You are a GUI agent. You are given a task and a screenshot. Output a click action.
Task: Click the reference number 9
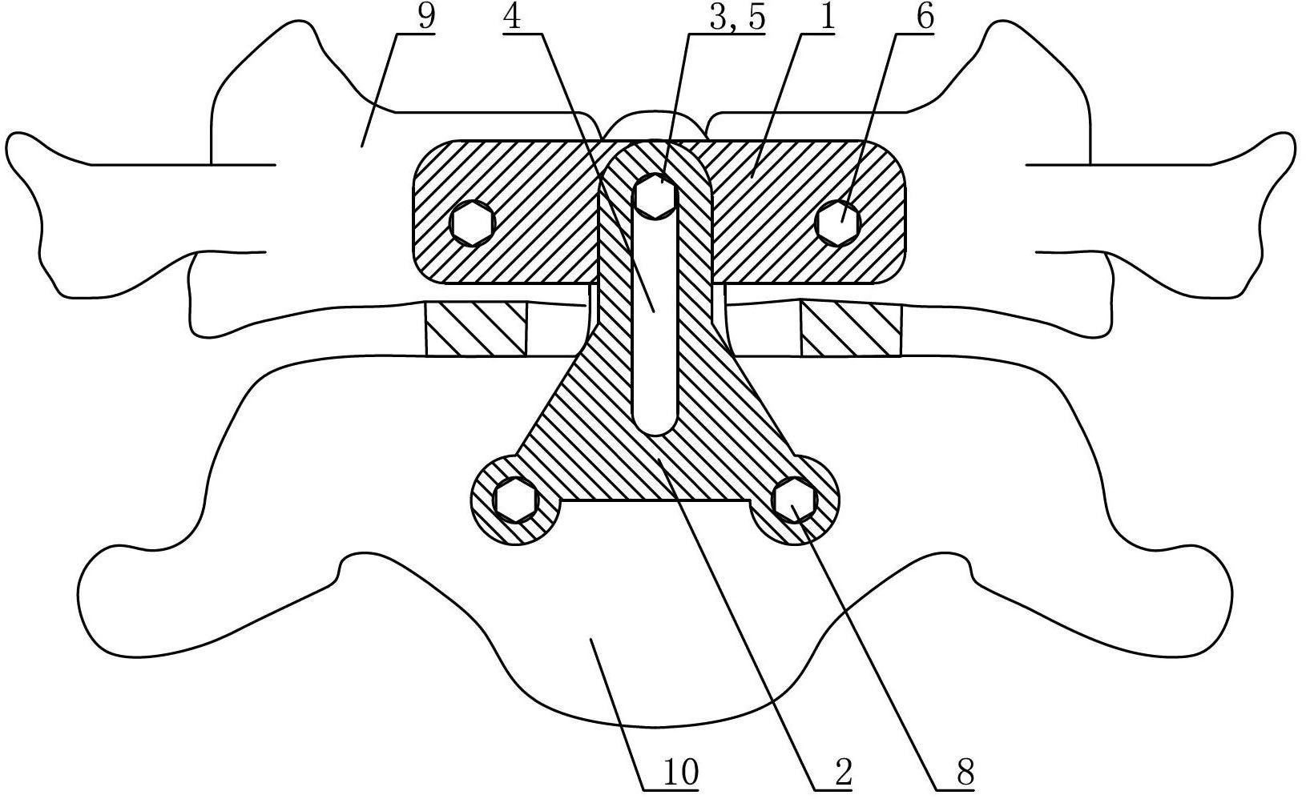(x=426, y=18)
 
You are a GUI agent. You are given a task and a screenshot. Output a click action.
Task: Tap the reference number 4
(x=513, y=18)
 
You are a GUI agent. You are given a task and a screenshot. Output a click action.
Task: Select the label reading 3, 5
(x=736, y=18)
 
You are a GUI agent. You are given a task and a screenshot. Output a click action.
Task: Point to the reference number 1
(x=828, y=18)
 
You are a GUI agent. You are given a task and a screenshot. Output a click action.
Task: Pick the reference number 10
(x=680, y=773)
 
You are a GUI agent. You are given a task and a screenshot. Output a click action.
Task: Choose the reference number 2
(x=844, y=773)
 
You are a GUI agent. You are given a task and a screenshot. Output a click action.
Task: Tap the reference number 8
(x=965, y=773)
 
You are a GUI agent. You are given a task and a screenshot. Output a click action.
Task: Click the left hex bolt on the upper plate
(x=473, y=222)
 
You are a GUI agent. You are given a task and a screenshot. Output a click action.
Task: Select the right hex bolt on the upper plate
(x=838, y=222)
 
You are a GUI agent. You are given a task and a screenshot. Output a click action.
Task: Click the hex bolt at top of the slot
(x=655, y=196)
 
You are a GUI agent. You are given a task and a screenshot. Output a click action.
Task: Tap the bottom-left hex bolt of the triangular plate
(x=516, y=499)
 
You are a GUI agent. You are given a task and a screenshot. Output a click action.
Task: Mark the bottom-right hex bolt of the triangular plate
(x=793, y=499)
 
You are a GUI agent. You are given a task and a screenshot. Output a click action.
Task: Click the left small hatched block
(x=476, y=329)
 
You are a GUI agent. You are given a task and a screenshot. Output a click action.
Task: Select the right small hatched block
(x=851, y=329)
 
